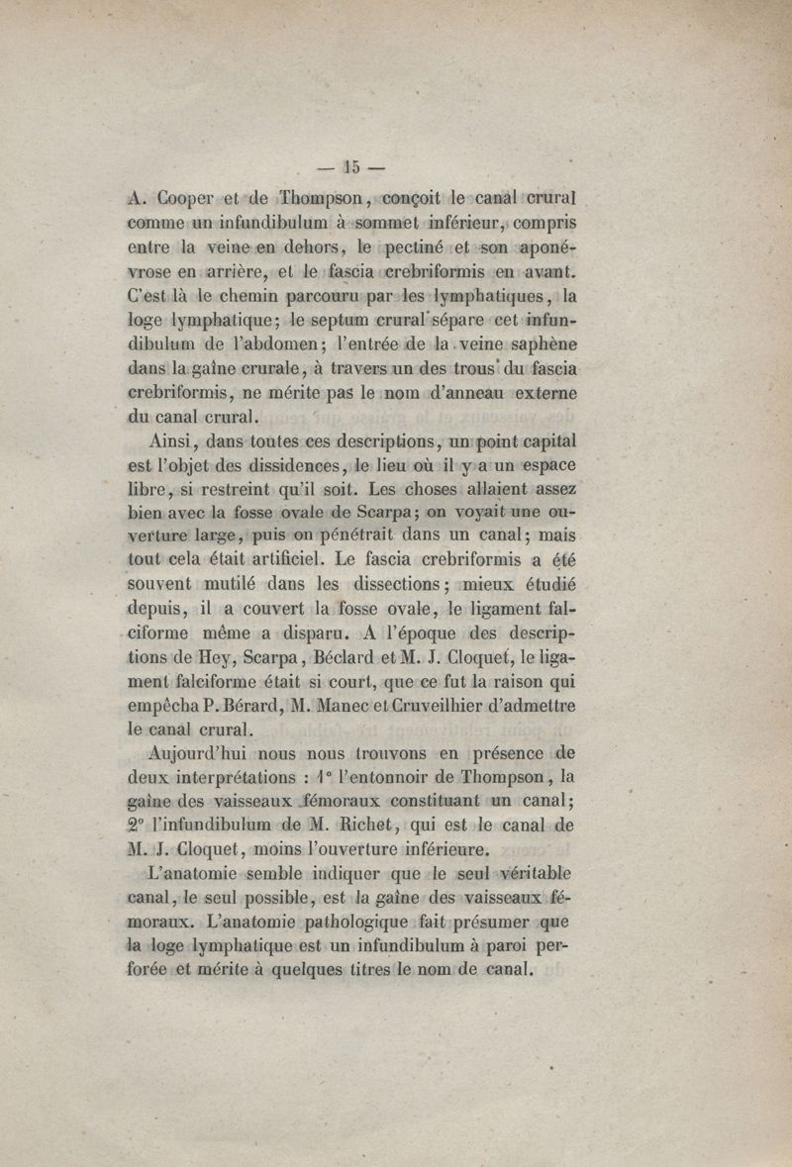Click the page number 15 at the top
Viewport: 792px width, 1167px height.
pyautogui.click(x=355, y=166)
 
